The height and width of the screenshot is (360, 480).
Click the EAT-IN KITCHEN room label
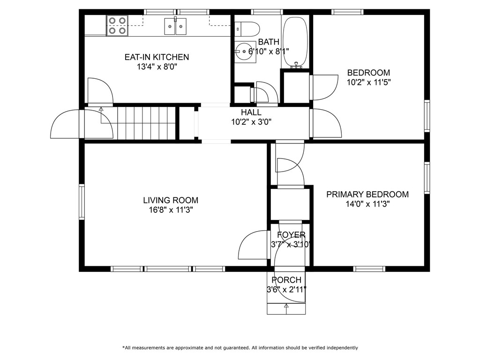(x=157, y=57)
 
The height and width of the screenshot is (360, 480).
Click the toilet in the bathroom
(x=247, y=29)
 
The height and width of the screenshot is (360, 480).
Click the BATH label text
(x=269, y=42)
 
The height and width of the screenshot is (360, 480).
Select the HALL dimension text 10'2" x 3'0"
(x=251, y=122)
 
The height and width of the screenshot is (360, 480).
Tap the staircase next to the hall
(x=145, y=122)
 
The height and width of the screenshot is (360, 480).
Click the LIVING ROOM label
(x=171, y=200)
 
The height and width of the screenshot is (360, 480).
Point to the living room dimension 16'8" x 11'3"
(x=171, y=210)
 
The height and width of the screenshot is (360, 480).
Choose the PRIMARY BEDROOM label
(x=367, y=195)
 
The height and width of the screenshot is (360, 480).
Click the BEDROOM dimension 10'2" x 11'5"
(x=368, y=82)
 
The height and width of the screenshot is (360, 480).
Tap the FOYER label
(x=291, y=235)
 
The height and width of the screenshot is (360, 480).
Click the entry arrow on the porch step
(x=286, y=307)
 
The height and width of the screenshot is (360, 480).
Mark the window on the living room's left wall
(x=82, y=202)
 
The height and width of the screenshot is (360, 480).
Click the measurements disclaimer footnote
(x=240, y=348)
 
